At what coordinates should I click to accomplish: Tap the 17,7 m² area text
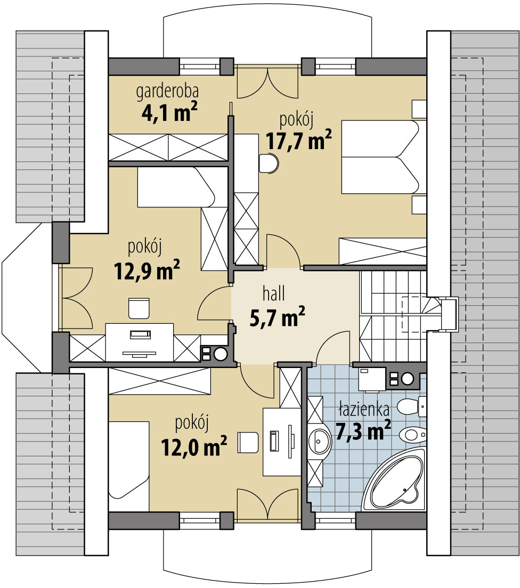[299, 141]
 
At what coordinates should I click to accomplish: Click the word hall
[274, 293]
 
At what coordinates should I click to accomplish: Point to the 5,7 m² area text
[277, 318]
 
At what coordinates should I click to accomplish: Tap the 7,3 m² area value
[363, 430]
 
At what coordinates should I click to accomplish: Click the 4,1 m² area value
[167, 113]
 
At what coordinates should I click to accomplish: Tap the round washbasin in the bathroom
[320, 440]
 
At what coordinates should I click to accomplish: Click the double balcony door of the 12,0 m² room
[266, 504]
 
